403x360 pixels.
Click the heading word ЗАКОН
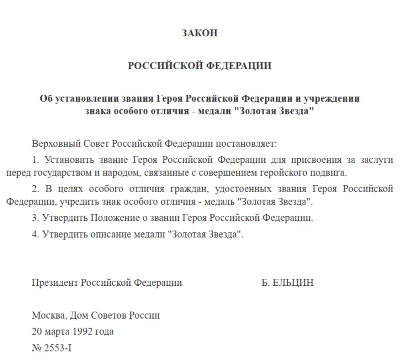[199, 33]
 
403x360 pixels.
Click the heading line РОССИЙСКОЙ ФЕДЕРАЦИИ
[199, 66]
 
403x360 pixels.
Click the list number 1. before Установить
[35, 160]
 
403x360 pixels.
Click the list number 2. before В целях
[35, 189]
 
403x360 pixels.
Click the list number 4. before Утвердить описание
[35, 234]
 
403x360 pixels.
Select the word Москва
[48, 316]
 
